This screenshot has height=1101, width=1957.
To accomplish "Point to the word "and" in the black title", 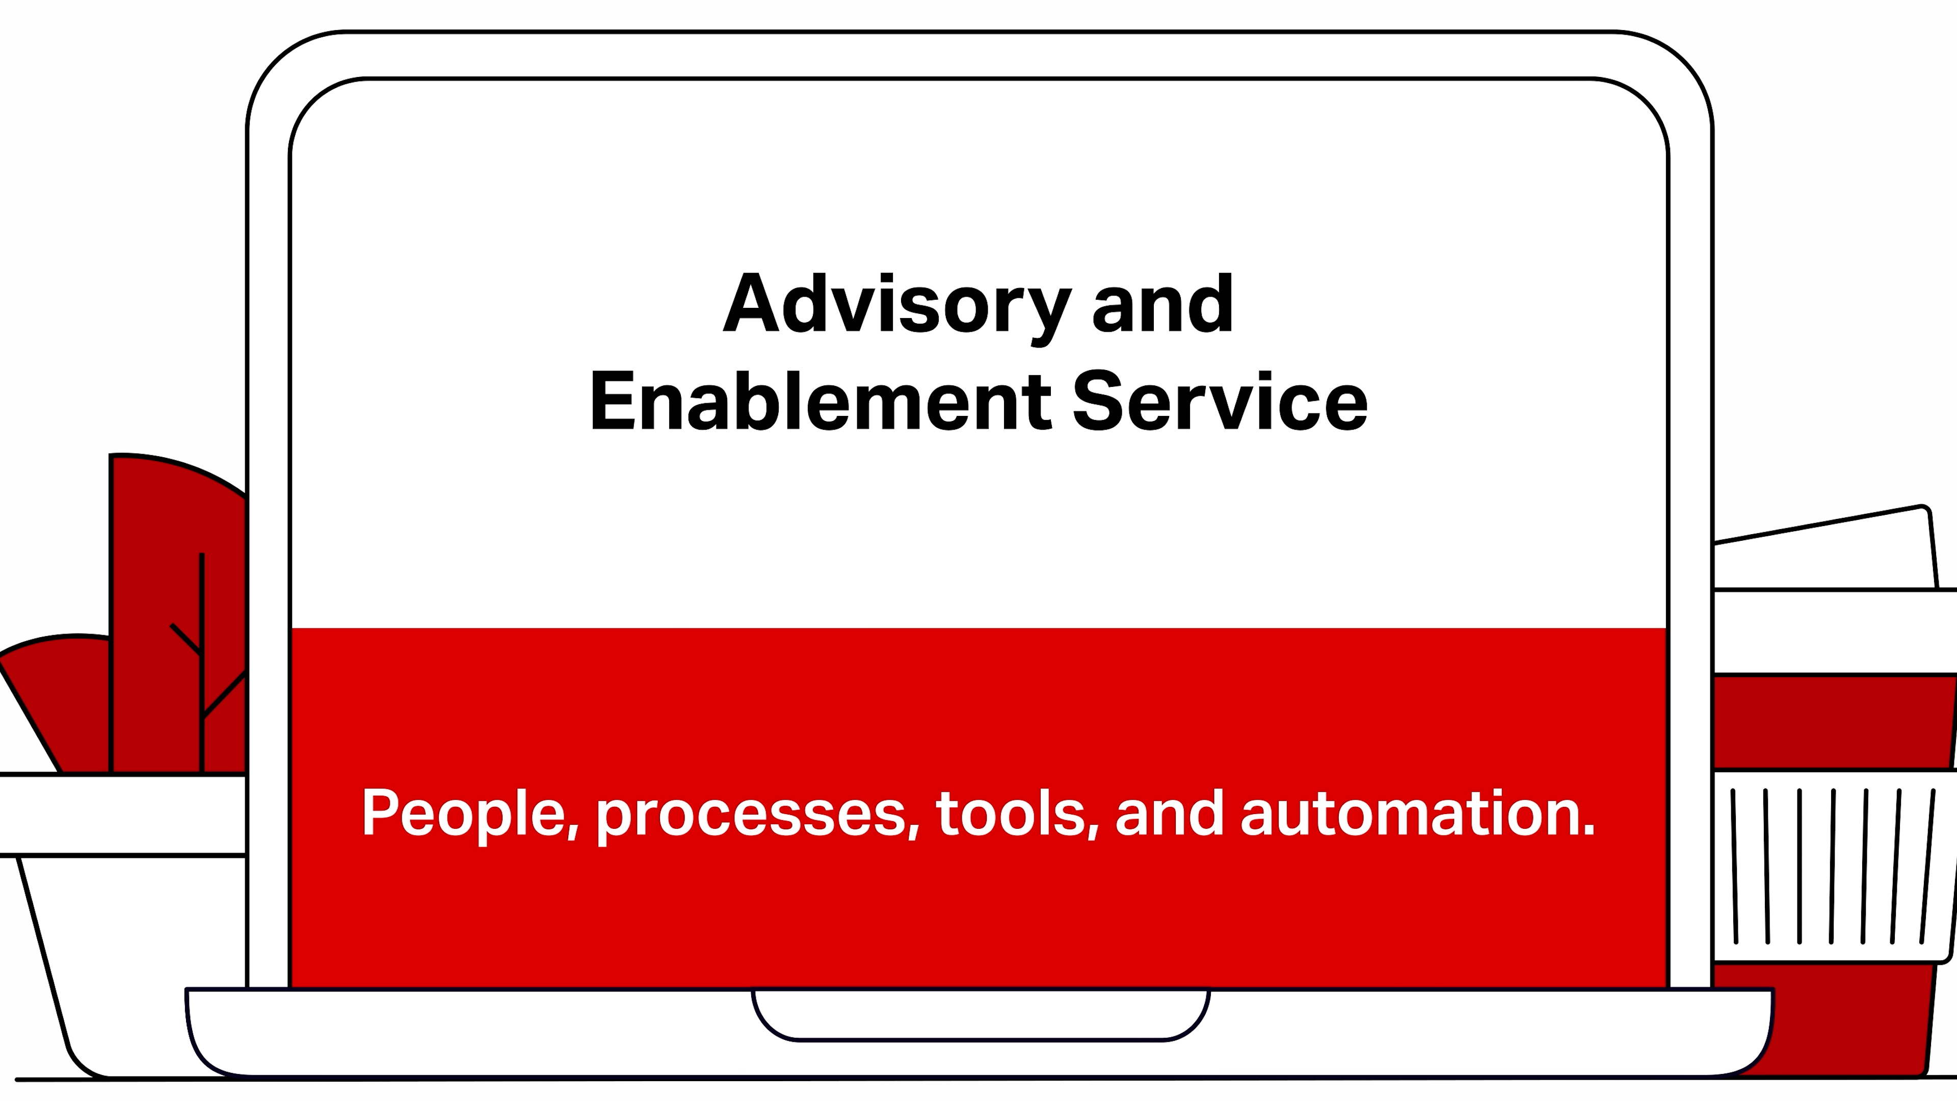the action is (1162, 303).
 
